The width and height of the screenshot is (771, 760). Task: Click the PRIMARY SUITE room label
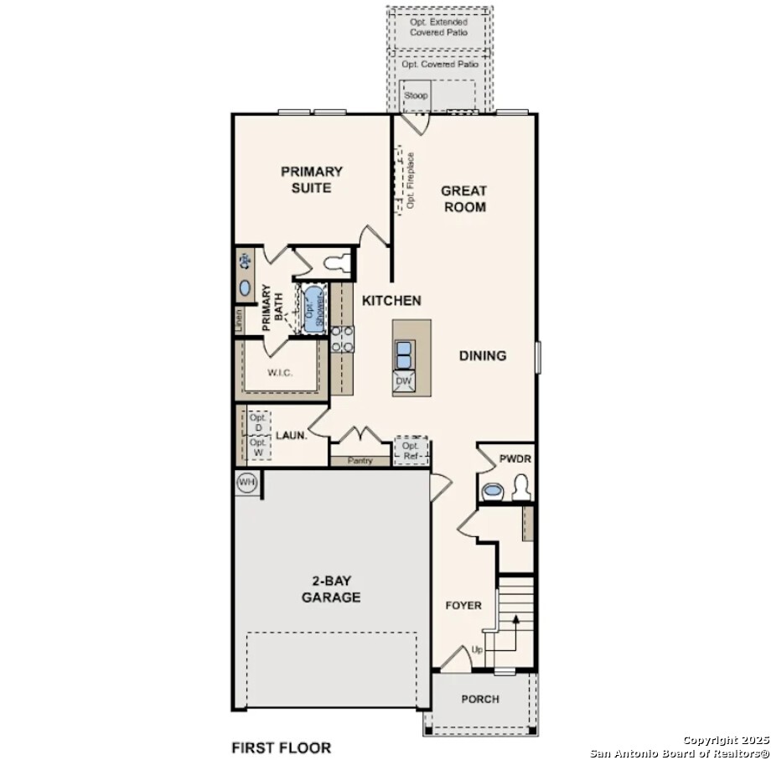tap(311, 179)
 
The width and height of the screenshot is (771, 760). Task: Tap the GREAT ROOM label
tap(463, 199)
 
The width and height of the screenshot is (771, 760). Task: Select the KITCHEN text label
tap(391, 301)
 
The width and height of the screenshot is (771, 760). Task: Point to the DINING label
tap(483, 355)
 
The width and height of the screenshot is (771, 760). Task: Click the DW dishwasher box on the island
tap(403, 381)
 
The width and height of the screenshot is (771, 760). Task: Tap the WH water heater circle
tap(246, 482)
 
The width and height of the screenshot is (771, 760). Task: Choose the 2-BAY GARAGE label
tap(331, 589)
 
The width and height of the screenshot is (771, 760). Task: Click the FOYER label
tap(463, 605)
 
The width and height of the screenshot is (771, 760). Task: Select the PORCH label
tap(480, 699)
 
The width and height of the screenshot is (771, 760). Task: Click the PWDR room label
tap(515, 458)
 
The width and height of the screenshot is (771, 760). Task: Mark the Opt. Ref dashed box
tap(411, 451)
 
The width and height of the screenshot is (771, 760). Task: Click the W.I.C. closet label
tap(280, 372)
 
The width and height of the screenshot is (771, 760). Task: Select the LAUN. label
tap(292, 436)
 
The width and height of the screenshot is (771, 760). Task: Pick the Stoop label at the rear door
tap(416, 96)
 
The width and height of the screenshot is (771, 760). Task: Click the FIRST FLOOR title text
tap(281, 747)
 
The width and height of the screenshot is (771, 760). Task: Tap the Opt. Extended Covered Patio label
tap(439, 27)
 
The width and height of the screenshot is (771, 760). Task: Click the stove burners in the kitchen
tap(341, 339)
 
